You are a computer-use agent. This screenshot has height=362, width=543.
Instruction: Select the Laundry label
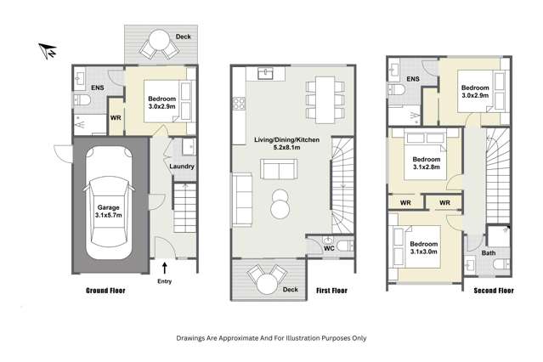[183, 167]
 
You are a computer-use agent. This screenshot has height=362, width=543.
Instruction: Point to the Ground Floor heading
[108, 291]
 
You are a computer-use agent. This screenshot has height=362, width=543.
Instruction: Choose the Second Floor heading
[494, 291]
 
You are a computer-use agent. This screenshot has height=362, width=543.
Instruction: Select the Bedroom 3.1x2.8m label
[426, 164]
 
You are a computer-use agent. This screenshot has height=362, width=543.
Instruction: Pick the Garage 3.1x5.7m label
[107, 212]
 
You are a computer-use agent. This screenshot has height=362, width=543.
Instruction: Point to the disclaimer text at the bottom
[271, 337]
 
